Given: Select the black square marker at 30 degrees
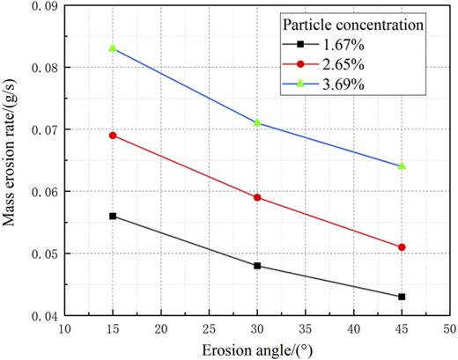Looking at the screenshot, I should pos(257,266).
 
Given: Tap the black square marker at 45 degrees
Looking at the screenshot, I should pos(402,297).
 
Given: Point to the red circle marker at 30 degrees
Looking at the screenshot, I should pos(257,197).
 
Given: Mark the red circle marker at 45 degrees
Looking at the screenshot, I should pos(402,247).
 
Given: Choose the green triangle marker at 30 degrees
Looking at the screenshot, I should pos(257,122).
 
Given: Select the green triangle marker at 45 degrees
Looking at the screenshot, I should pos(402,165).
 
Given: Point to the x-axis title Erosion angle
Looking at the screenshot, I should pos(256,349).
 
